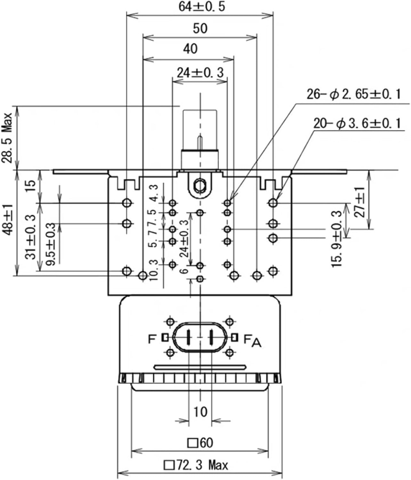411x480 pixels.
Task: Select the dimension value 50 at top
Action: (200, 28)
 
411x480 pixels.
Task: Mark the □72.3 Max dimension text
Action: (196, 465)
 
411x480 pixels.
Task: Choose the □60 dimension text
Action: (200, 443)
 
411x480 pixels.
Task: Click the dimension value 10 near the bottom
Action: (200, 412)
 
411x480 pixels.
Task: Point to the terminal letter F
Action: (152, 339)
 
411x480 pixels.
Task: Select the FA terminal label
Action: (252, 340)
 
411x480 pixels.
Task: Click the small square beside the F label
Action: (165, 337)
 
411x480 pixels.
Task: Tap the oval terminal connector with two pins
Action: (200, 337)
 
